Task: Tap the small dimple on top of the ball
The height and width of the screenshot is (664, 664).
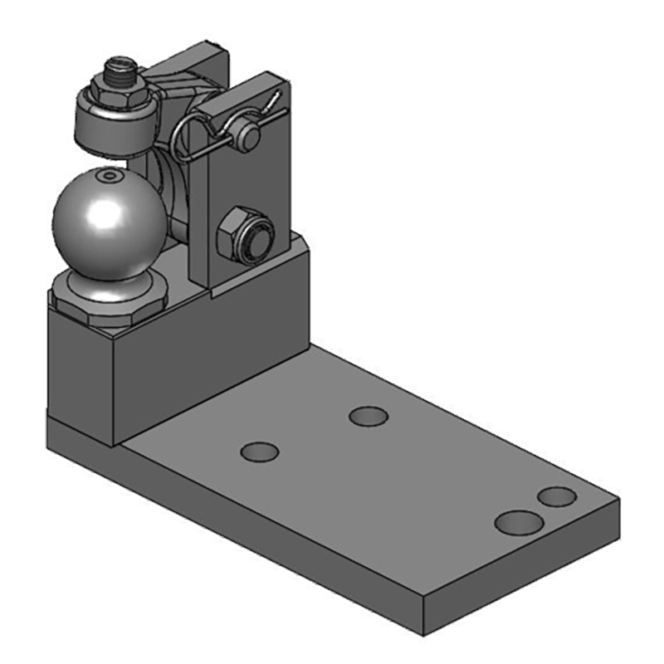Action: (108, 177)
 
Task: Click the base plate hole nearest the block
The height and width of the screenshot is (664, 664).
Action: (259, 452)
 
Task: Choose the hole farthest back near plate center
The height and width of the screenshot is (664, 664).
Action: (369, 416)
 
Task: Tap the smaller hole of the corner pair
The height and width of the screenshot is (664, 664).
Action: (556, 497)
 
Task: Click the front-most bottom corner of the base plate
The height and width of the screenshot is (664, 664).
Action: (423, 635)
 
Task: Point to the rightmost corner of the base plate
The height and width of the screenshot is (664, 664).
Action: (618, 502)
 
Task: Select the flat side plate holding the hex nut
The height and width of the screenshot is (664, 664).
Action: (241, 191)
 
